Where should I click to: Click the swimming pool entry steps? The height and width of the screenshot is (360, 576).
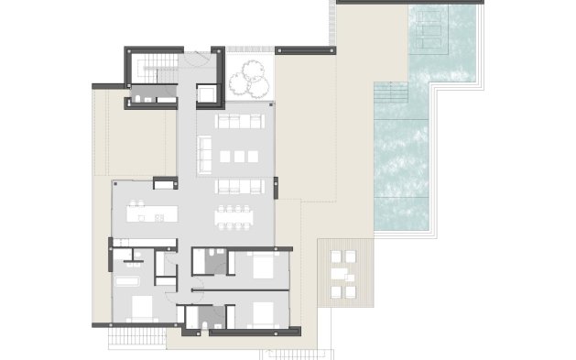[390, 93]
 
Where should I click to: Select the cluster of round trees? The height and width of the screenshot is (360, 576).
[249, 82]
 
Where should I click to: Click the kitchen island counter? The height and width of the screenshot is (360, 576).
[151, 216]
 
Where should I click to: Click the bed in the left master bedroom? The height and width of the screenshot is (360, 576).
[137, 307]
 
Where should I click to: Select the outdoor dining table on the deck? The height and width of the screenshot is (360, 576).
[343, 273]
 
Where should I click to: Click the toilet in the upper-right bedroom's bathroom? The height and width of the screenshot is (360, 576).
[211, 256]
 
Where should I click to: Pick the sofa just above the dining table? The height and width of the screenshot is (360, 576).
[239, 186]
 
